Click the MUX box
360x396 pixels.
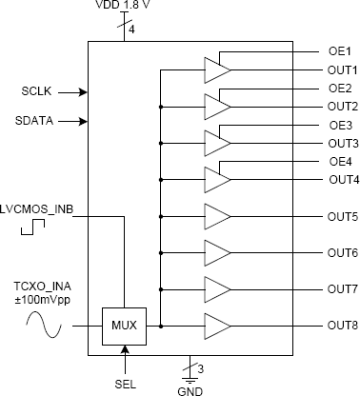point(124,326)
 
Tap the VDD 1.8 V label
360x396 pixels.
point(125,7)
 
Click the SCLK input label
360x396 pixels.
point(39,92)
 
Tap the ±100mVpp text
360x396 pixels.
point(42,300)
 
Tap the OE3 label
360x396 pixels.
point(340,125)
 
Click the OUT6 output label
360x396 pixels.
point(342,252)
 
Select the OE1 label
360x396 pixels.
point(340,50)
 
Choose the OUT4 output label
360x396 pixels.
point(342,179)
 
